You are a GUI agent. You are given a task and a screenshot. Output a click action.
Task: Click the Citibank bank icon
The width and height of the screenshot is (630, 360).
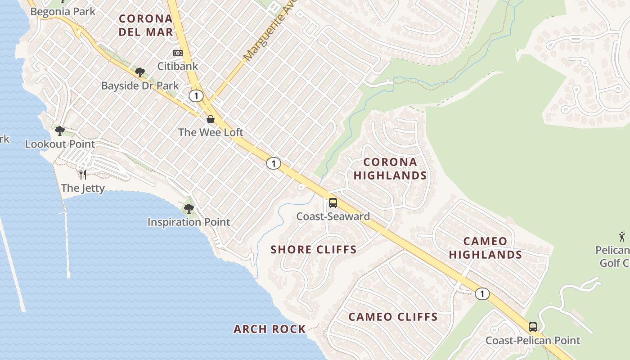coord(178,53)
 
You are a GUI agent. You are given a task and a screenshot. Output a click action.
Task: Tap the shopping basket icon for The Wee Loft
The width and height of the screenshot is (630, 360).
coord(210,119)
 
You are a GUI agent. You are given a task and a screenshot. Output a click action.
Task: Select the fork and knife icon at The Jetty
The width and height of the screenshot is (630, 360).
coord(82,174)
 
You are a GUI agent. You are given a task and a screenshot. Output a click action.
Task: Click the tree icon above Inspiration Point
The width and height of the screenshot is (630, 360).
coord(189,208)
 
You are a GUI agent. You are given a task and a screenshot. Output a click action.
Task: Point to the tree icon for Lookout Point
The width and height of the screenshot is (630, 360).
coord(59,131)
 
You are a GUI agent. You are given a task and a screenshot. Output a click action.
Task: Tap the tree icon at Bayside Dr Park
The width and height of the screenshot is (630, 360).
coord(140,72)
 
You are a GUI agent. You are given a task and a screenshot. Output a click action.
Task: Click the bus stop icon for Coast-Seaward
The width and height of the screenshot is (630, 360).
coord(333,203)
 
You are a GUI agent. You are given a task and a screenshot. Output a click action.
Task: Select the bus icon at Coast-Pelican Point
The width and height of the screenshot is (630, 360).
coord(533,327)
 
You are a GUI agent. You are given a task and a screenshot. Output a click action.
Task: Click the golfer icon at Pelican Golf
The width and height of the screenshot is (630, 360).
coord(622,236)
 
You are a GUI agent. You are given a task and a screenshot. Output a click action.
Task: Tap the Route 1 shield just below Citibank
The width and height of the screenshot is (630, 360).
coord(196,95)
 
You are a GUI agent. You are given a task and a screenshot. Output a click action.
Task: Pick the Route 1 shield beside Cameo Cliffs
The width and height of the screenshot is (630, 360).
coord(482,294)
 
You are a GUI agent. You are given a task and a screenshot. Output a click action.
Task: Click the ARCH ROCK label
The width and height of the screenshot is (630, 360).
coord(270,329)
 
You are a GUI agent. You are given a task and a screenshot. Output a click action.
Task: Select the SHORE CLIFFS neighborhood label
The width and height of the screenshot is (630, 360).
coord(314,250)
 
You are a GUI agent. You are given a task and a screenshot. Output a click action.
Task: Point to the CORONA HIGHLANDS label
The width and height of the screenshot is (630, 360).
coord(390,169)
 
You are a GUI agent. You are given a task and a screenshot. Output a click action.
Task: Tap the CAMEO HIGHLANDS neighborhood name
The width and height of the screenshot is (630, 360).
coord(485,248)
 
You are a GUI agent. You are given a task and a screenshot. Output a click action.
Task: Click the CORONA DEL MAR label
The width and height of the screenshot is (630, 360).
coord(146,25)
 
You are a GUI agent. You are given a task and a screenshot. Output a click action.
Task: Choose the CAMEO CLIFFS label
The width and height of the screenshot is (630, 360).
coord(393,317)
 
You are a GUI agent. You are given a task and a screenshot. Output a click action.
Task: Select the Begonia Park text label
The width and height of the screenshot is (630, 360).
coord(63,11)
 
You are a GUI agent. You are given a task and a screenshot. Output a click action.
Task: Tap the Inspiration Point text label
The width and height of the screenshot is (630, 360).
coord(189,222)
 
